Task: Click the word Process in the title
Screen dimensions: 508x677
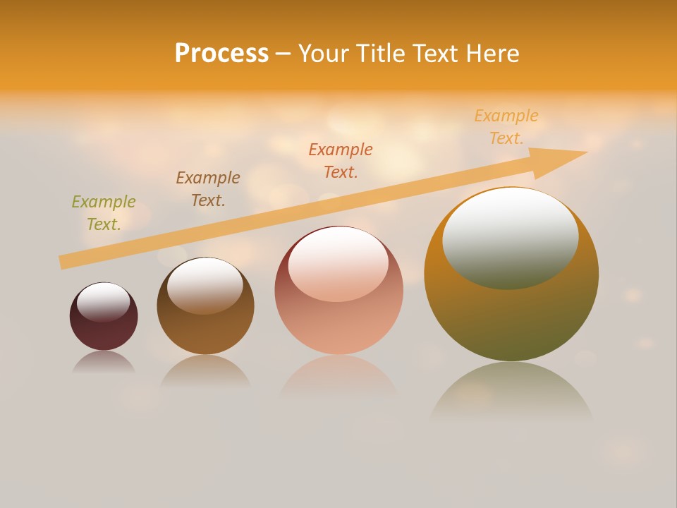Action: (221, 54)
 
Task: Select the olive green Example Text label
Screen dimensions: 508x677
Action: (104, 213)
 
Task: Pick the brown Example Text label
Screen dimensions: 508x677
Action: (208, 189)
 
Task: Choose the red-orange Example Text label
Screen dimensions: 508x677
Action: (341, 161)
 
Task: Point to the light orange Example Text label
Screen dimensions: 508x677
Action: (506, 127)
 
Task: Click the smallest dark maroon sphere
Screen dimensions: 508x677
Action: (104, 332)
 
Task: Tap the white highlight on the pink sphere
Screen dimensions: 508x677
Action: (338, 263)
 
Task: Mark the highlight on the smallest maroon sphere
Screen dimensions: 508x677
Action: (104, 301)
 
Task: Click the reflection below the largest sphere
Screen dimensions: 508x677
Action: (511, 392)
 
